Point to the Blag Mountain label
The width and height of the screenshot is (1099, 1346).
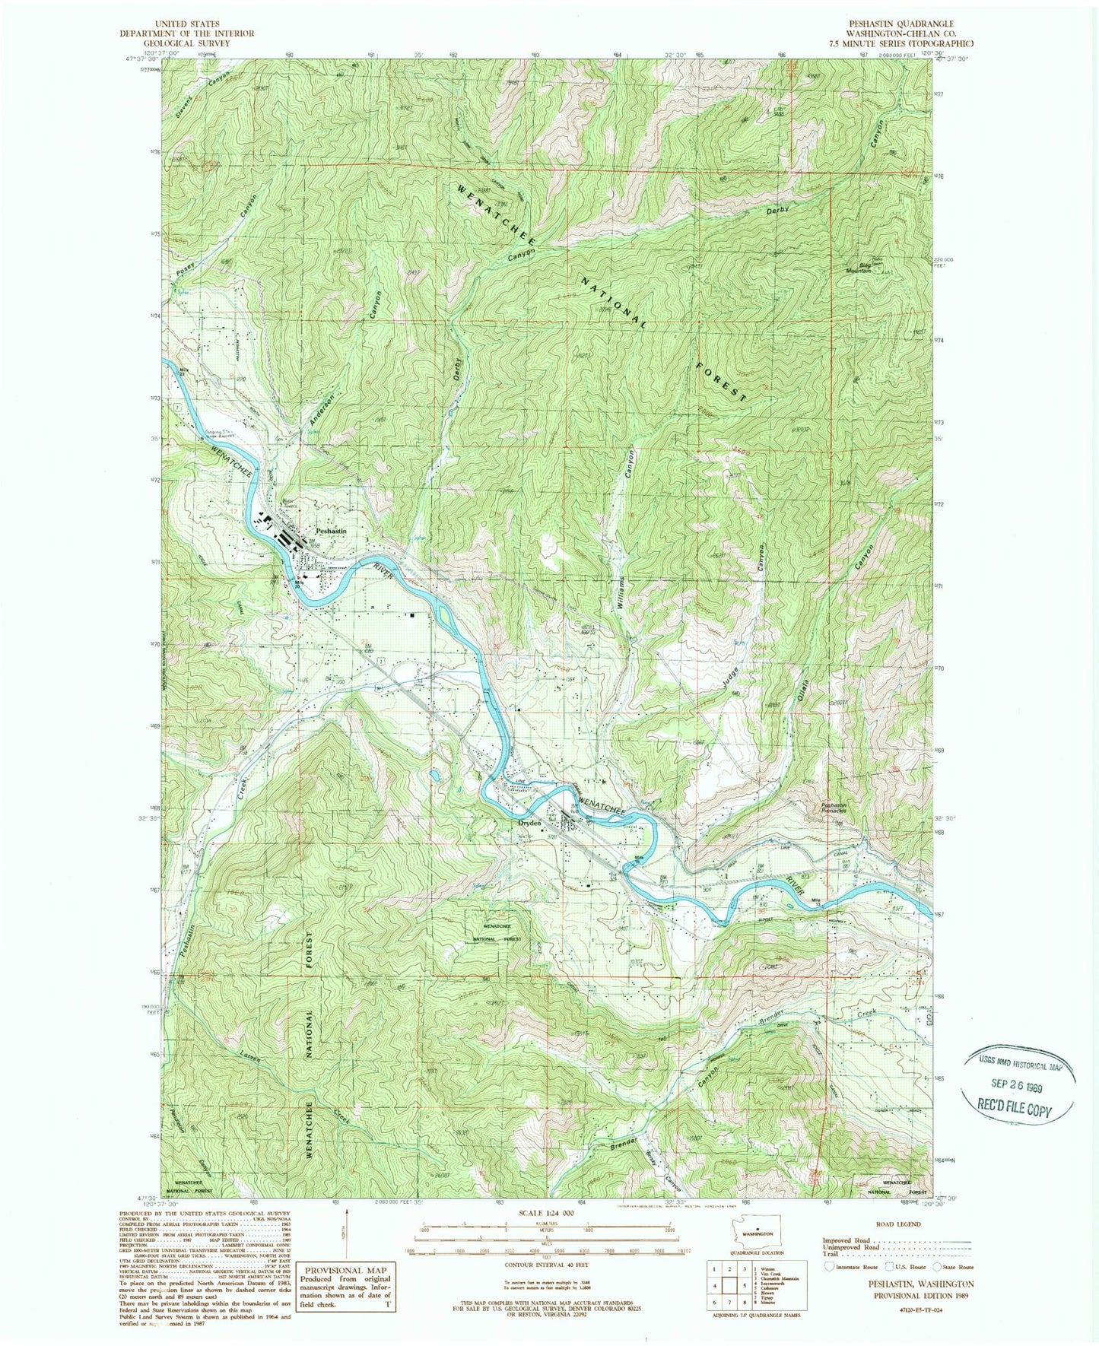coord(859,268)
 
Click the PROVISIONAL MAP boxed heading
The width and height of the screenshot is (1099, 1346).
coord(346,1270)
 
